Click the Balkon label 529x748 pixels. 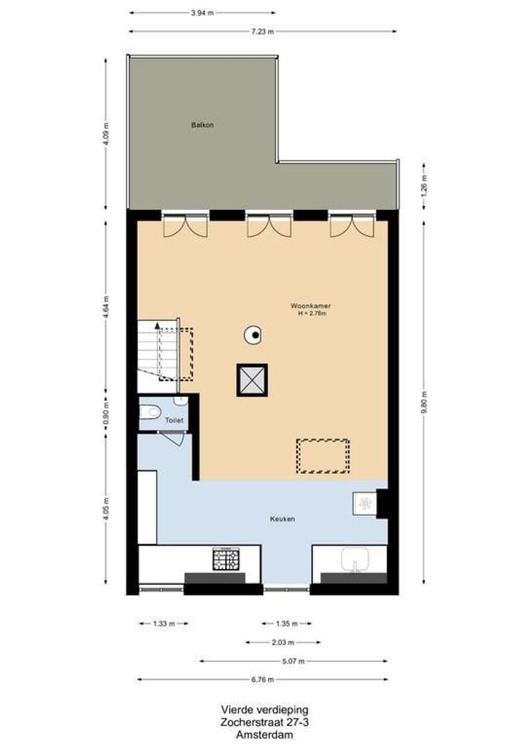(202, 125)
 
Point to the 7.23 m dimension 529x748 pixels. (263, 31)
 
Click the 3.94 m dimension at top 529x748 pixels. (202, 12)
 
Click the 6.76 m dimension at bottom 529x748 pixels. (263, 679)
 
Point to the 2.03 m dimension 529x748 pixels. (283, 642)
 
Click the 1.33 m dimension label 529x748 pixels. (163, 623)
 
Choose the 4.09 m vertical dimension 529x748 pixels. (105, 133)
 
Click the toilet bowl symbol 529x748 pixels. (149, 413)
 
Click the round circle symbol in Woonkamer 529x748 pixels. (254, 336)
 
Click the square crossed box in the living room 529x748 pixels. (252, 380)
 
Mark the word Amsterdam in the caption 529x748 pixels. (264, 735)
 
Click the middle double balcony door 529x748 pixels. (269, 225)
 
